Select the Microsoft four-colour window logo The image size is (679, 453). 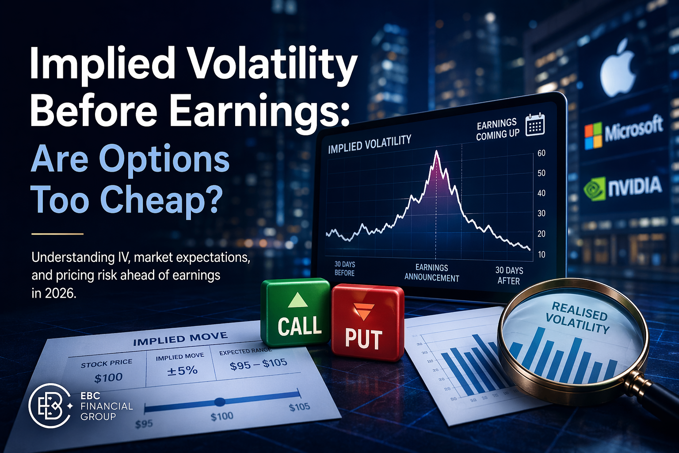click(593, 135)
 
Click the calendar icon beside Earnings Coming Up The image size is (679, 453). click(535, 125)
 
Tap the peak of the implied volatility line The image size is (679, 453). click(437, 152)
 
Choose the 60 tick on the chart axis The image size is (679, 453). click(542, 154)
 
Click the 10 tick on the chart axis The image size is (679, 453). click(542, 254)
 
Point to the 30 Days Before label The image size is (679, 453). click(345, 269)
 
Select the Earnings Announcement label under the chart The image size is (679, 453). click(432, 273)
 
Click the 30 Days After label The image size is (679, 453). click(509, 275)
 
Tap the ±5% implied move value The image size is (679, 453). click(182, 370)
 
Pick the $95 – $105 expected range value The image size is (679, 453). click(259, 364)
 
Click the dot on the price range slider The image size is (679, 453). click(220, 402)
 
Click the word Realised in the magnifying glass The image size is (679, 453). click(580, 310)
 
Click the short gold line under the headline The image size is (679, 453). click(57, 234)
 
